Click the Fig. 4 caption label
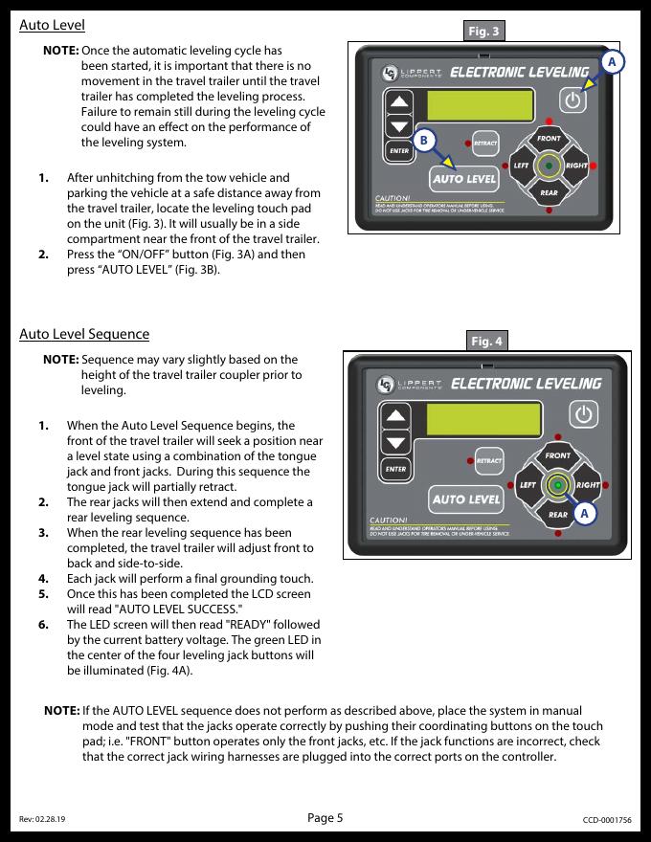487,341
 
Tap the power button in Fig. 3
573,100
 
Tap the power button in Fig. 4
583,414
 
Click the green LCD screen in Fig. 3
482,106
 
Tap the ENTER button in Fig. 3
399,151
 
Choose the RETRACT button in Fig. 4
489,461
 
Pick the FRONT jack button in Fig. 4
558,456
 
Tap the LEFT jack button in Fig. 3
521,166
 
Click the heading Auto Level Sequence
84,334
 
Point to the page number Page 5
325,817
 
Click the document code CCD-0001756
607,820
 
